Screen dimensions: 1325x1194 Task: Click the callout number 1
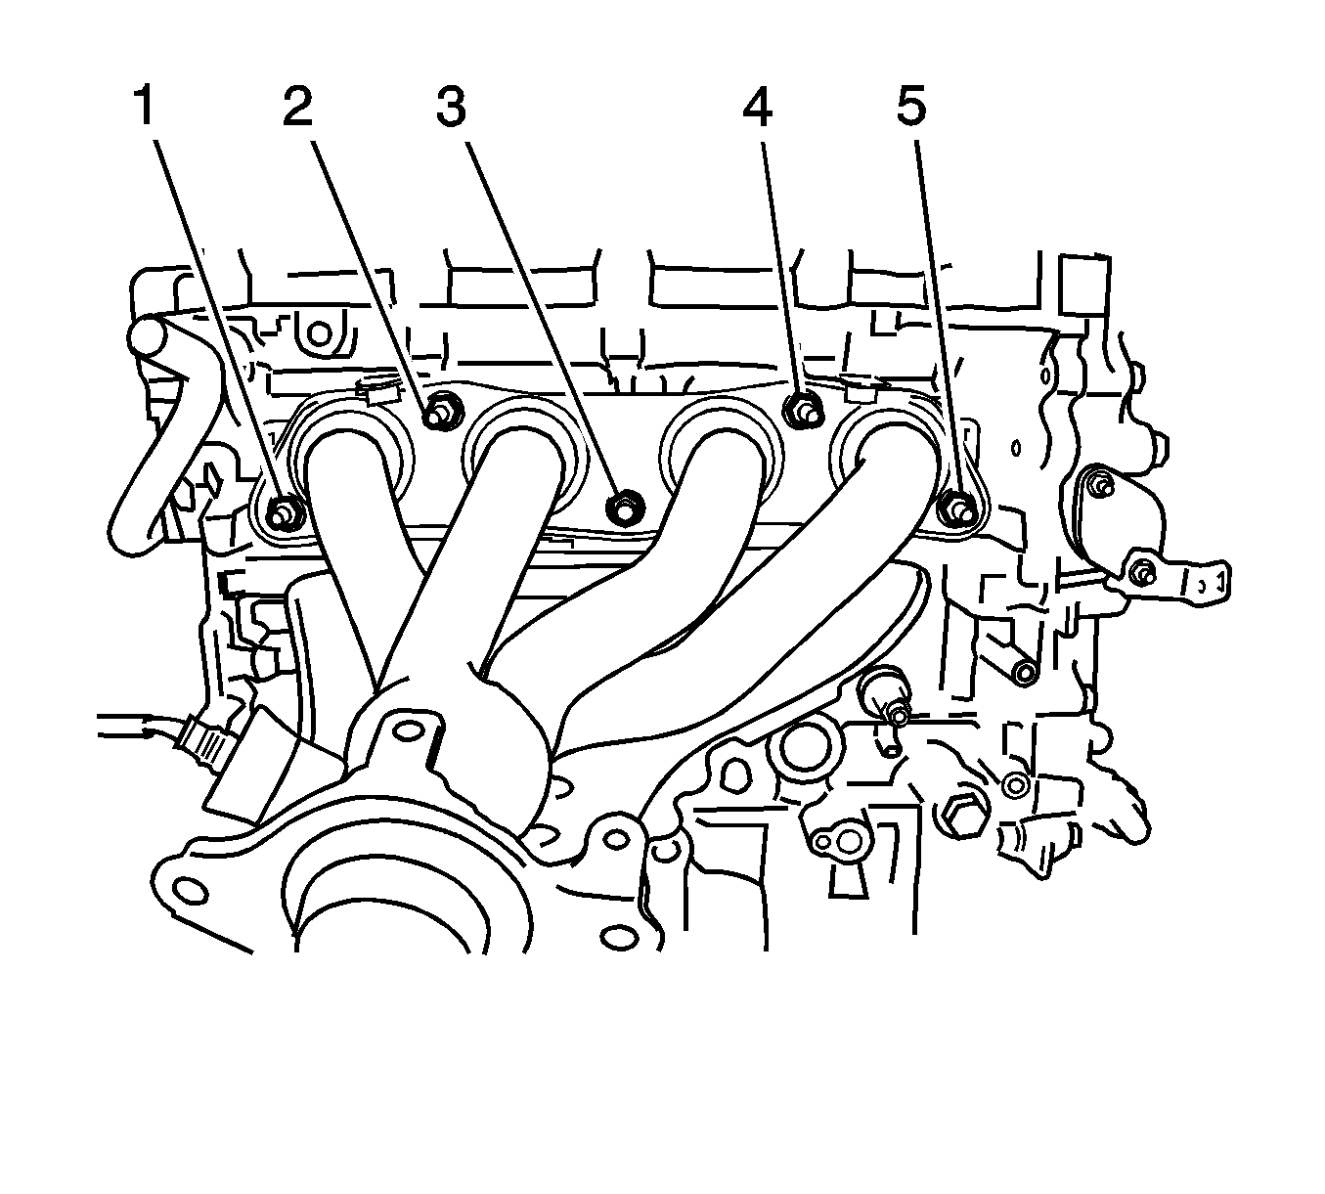[145, 107]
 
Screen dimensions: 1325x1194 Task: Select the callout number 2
[298, 107]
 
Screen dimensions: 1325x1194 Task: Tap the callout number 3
[451, 107]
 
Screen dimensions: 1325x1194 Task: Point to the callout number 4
[757, 107]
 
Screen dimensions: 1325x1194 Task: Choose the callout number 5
[911, 107]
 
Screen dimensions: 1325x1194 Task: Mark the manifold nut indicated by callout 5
[956, 508]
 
